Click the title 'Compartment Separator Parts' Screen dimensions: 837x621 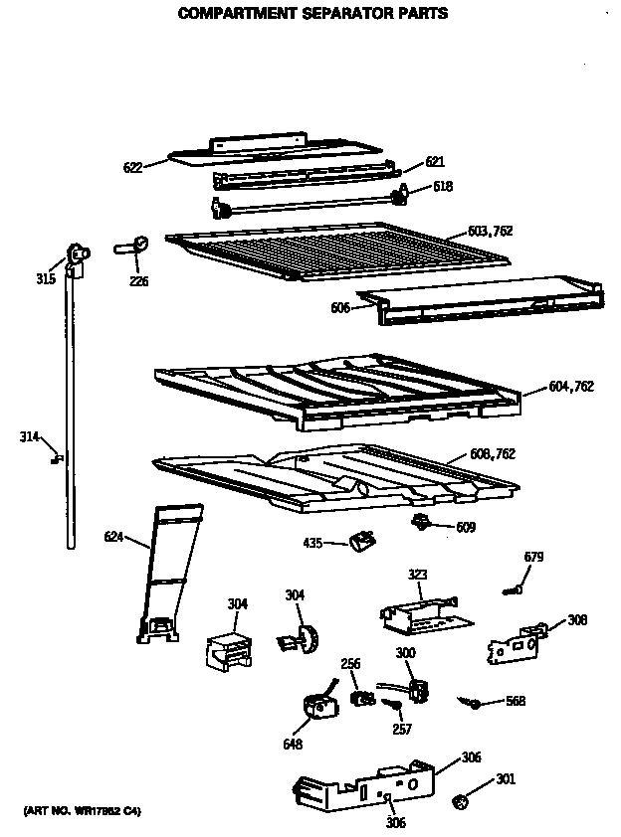pos(311,14)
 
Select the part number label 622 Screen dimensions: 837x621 pos(132,168)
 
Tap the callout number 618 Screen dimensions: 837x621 pos(443,186)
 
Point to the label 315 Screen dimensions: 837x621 pos(46,279)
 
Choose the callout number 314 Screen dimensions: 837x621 pos(30,435)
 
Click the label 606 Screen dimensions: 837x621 pos(341,309)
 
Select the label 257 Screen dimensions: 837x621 pos(400,729)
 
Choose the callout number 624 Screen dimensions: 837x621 pos(114,538)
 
